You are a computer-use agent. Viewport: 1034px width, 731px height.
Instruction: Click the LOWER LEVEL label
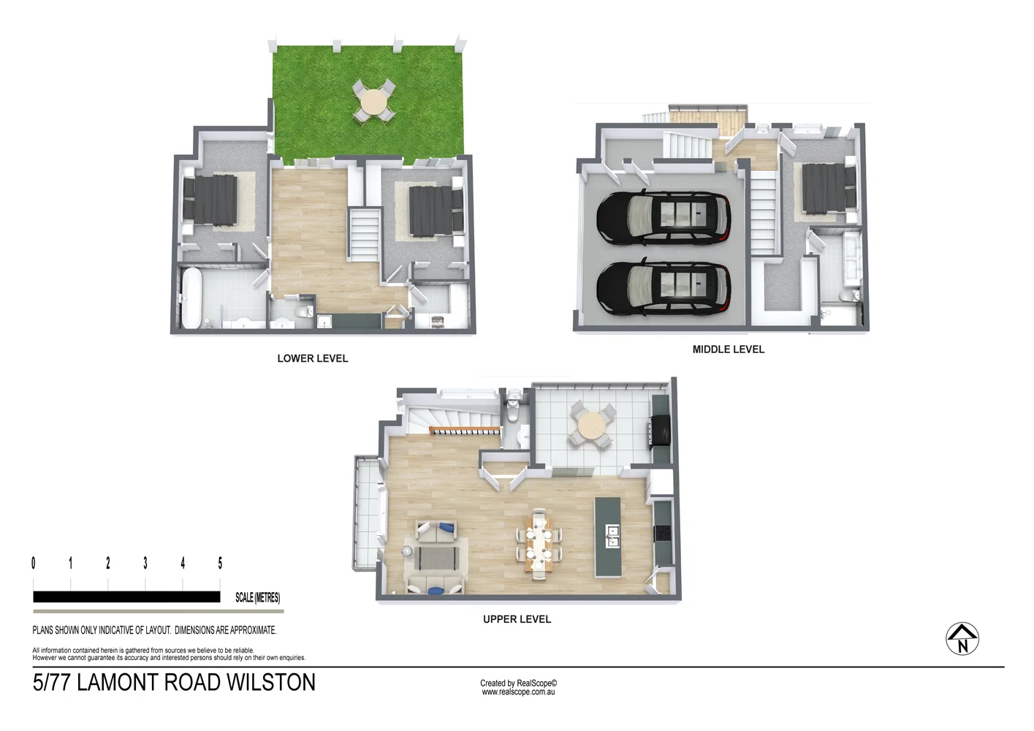312,358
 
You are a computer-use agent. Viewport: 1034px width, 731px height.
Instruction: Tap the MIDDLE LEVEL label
728,349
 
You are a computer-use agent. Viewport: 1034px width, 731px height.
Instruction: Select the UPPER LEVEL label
517,619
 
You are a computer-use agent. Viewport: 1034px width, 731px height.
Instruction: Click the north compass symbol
962,639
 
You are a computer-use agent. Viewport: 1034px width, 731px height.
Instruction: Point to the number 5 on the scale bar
220,563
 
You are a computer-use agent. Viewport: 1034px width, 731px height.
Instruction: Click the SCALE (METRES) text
257,597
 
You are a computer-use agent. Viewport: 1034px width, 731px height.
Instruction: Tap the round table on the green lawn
374,102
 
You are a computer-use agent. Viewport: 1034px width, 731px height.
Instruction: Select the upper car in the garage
663,216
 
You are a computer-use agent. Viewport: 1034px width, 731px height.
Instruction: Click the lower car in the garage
663,287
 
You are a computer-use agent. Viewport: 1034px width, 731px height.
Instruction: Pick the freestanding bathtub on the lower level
191,298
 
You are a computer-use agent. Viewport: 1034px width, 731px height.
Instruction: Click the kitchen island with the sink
607,537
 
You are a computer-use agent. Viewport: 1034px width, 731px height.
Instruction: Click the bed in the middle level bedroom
827,189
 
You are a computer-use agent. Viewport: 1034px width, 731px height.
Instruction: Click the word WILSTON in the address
270,683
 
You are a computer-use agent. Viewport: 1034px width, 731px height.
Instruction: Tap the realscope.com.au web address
518,692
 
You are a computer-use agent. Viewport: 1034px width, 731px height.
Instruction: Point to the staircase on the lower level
363,234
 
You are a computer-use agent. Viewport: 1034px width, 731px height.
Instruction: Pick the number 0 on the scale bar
34,563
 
